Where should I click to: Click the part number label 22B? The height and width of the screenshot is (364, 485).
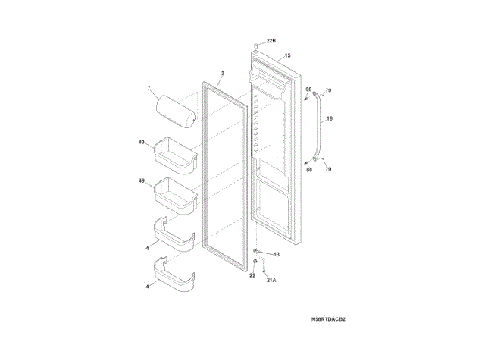(271, 39)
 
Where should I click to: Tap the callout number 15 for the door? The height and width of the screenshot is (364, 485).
(288, 56)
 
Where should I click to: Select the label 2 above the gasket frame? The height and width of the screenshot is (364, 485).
(223, 74)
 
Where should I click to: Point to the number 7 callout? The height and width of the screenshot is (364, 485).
(149, 89)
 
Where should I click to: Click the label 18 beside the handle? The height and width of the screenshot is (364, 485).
(330, 118)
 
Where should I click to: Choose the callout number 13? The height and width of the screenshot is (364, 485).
(277, 254)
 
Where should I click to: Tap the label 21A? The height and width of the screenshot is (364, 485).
(271, 281)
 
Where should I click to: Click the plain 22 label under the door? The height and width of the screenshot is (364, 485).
(252, 276)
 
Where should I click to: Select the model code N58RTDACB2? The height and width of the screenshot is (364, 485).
(327, 319)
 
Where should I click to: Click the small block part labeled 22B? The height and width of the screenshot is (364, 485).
(256, 45)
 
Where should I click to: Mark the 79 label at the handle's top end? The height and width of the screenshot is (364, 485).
(328, 91)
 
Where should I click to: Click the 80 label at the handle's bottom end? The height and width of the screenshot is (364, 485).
(308, 170)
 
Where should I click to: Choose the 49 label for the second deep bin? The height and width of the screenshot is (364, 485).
(141, 181)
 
